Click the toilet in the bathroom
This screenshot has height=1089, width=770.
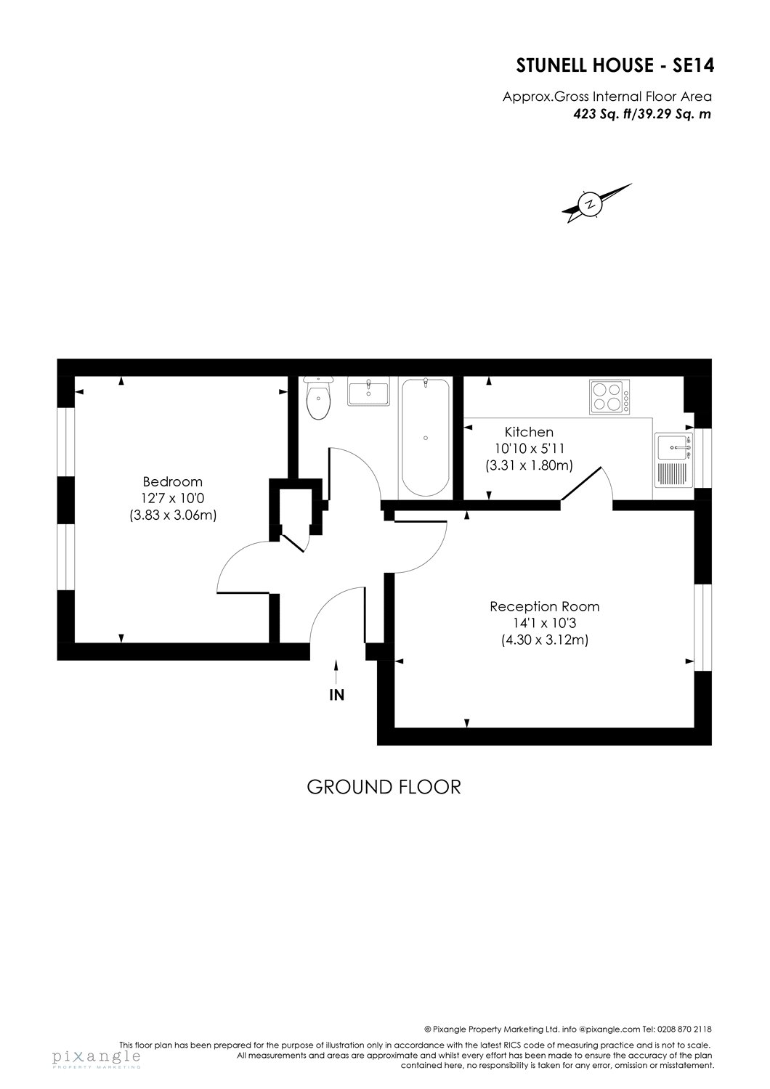coord(318,401)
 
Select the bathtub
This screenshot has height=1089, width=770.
coord(425,436)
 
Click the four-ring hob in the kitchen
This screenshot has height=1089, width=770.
coord(609,397)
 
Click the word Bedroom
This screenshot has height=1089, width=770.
coord(172,481)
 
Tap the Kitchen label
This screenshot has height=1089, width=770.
coord(514,432)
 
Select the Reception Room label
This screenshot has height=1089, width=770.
coord(544,606)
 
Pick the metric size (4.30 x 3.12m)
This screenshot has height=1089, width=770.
coord(544,640)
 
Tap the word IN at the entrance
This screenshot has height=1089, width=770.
coord(336,695)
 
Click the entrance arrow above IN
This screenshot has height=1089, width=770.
coord(336,669)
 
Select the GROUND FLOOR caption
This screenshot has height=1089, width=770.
coord(384,786)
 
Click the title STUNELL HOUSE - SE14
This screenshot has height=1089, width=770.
coord(615,66)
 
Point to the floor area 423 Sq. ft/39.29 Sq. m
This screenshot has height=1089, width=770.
coord(641,113)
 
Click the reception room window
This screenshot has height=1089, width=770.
coord(702,627)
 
